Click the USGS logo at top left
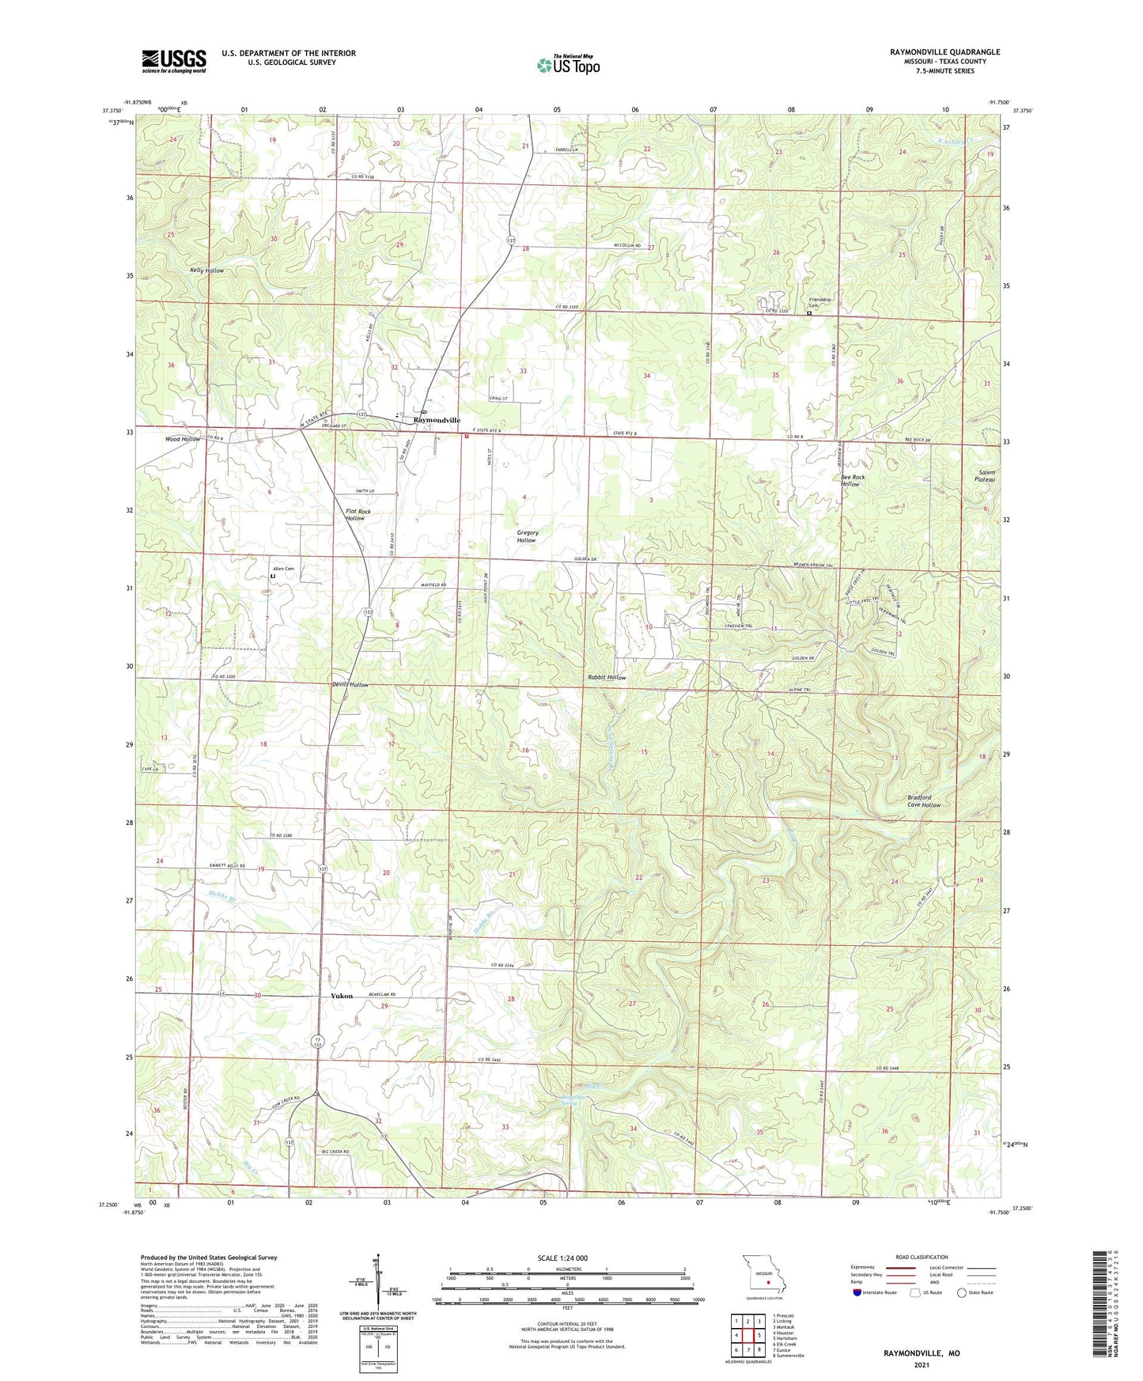click(x=173, y=61)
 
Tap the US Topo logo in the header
click(x=567, y=65)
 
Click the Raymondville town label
click(x=432, y=420)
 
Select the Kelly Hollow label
click(x=206, y=271)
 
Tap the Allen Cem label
click(x=283, y=569)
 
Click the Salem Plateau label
click(x=985, y=476)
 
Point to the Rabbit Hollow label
click(x=607, y=677)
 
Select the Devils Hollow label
click(x=350, y=684)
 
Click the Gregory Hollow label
click(x=528, y=536)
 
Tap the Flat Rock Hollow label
click(x=358, y=515)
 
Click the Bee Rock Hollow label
click(x=853, y=480)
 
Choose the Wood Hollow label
click(x=183, y=439)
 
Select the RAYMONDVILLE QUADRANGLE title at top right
click(x=944, y=52)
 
